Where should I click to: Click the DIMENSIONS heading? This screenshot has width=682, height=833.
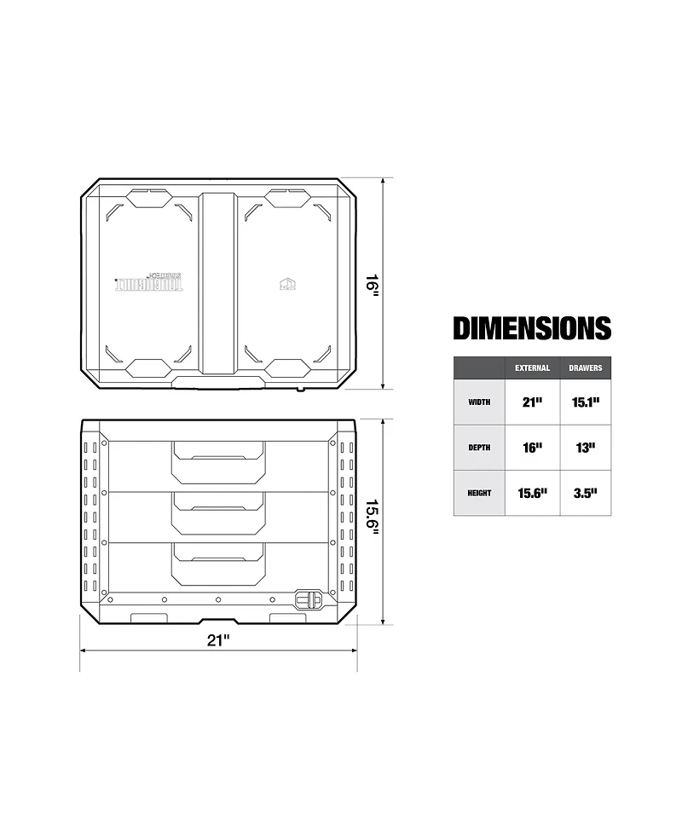(531, 328)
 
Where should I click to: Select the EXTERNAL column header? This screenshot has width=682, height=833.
(532, 368)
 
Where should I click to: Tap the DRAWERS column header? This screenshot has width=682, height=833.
(585, 368)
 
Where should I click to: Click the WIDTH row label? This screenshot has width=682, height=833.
(479, 402)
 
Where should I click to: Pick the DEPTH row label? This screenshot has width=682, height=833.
(479, 448)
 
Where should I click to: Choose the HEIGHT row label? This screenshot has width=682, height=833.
(479, 493)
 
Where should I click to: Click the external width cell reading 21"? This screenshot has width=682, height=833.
(532, 402)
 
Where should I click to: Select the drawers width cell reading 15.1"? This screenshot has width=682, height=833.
(585, 402)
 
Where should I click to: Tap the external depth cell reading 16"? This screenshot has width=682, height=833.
(532, 448)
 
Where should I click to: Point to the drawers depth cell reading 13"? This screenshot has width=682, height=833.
(585, 448)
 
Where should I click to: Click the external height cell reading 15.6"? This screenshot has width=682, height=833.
(532, 493)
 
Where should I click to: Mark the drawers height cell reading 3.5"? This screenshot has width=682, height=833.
(585, 493)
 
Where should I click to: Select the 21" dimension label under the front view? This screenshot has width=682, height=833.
(218, 640)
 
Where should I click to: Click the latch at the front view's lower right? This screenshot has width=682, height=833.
(308, 600)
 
